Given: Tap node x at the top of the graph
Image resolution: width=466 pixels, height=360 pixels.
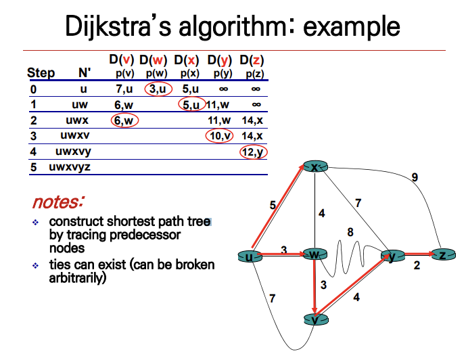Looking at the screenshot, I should tap(315, 166).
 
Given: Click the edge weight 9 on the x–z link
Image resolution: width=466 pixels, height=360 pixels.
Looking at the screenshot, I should tap(415, 177).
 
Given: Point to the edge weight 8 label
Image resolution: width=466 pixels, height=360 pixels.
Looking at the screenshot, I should tap(350, 232).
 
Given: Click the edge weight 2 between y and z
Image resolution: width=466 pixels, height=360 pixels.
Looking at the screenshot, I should tap(417, 265).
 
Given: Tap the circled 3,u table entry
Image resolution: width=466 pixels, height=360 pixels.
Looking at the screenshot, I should tap(158, 89).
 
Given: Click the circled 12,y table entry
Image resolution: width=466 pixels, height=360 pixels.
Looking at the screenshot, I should tap(254, 152).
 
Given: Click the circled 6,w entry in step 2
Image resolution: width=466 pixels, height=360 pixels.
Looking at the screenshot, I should tap(124, 120).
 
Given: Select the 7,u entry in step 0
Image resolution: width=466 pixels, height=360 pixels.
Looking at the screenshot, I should tap(123, 89).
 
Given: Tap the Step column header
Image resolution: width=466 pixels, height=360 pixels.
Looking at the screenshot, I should tap(41, 72).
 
